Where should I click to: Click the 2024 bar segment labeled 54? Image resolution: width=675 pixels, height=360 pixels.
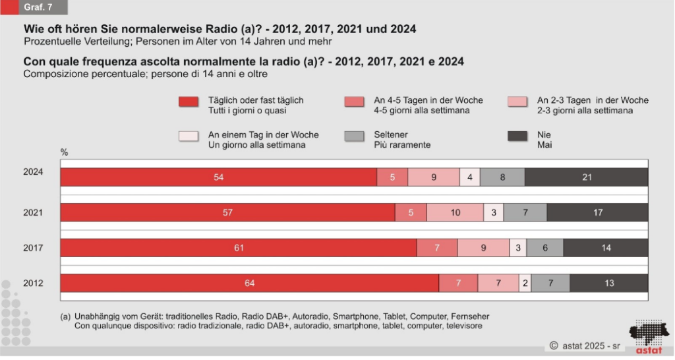tap(219, 177)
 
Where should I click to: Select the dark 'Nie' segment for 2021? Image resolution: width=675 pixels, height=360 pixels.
tap(597, 212)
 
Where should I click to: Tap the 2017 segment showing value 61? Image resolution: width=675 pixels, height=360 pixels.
tap(239, 248)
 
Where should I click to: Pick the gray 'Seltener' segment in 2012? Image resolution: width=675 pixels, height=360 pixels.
tap(550, 284)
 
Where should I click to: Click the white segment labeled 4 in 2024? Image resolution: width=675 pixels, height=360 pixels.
tap(469, 177)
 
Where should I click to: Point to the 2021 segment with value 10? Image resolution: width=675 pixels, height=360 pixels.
tap(455, 212)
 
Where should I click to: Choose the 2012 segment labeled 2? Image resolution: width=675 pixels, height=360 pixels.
tap(525, 284)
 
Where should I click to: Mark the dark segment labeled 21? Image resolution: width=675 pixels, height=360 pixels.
tap(586, 177)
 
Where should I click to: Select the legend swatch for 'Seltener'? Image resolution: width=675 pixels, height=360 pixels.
tap(354, 136)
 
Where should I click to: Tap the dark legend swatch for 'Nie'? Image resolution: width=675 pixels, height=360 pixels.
tap(517, 136)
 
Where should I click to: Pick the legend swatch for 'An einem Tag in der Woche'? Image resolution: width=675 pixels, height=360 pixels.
tap(188, 136)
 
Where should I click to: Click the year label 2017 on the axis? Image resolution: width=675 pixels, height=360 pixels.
tap(33, 248)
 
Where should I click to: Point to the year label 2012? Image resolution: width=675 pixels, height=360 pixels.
tap(33, 284)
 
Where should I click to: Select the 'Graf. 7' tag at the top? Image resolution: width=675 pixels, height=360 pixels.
tap(38, 8)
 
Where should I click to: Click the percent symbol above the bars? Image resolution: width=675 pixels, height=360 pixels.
tap(65, 152)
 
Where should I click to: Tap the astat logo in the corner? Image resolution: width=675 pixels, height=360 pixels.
tap(648, 337)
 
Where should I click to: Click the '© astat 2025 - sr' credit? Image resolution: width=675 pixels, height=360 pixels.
tap(584, 345)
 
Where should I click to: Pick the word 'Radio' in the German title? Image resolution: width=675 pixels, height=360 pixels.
tap(225, 30)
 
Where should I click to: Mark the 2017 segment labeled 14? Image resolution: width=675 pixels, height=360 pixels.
tap(606, 248)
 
